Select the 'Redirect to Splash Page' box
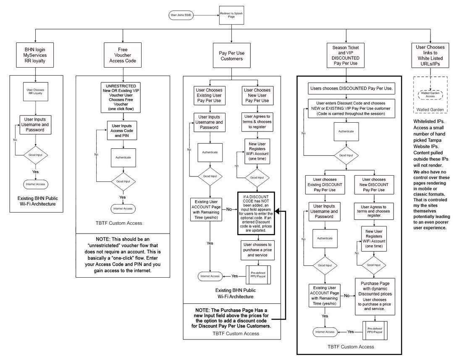[231, 16]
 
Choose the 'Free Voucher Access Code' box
[122, 54]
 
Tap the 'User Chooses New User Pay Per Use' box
[257, 95]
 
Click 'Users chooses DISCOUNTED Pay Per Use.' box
[351, 89]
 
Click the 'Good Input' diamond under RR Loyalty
[35, 155]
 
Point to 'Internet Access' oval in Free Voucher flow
[122, 208]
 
